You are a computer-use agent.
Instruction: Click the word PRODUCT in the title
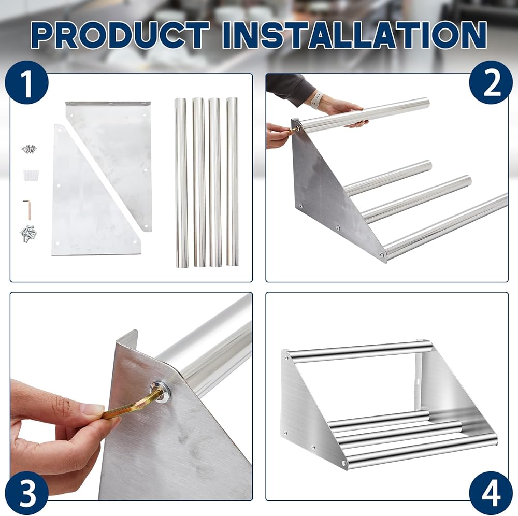point(121,35)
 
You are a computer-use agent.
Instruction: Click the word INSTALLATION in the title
point(354,35)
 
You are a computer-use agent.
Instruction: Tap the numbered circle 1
point(27,82)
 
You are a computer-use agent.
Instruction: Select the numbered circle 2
point(491,82)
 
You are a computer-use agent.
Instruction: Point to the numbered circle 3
point(27,493)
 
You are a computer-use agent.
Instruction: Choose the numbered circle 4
point(491,493)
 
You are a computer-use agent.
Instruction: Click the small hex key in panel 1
point(27,209)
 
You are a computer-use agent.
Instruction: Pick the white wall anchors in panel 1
point(31,175)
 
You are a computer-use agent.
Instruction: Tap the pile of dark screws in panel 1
point(30,149)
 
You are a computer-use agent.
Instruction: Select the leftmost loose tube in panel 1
point(181,182)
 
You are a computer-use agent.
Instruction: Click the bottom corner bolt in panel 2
point(381,254)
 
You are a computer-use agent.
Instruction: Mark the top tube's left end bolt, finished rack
point(286,357)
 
